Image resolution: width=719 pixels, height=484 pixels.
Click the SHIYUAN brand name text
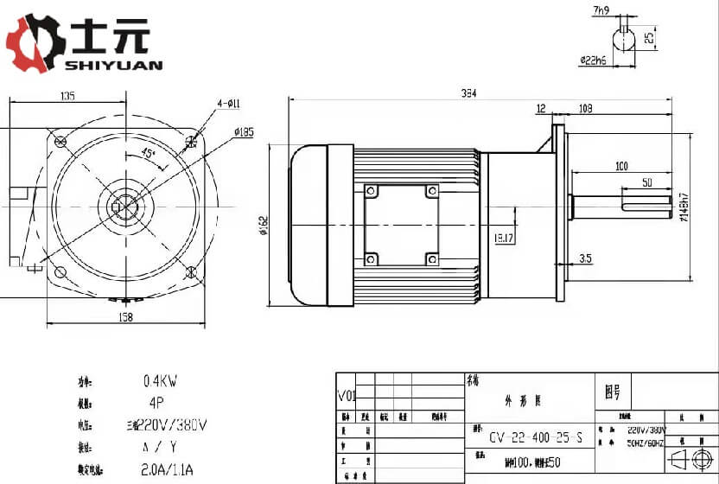coord(113,65)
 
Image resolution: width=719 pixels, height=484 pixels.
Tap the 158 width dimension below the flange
coord(124,318)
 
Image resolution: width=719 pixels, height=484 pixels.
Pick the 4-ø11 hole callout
coord(229,103)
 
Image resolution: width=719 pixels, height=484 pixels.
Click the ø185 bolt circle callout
coord(243,132)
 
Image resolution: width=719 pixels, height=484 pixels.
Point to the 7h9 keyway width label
coord(601,11)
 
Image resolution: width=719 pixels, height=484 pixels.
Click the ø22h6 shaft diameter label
coord(593,60)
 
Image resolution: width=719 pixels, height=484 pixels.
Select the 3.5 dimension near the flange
coord(584,258)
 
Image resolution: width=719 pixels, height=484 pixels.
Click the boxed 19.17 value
coord(504,237)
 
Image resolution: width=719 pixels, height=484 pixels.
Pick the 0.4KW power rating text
coord(160,381)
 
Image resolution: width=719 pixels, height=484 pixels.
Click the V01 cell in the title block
coord(346,397)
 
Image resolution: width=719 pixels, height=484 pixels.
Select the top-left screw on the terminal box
coord(371,191)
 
